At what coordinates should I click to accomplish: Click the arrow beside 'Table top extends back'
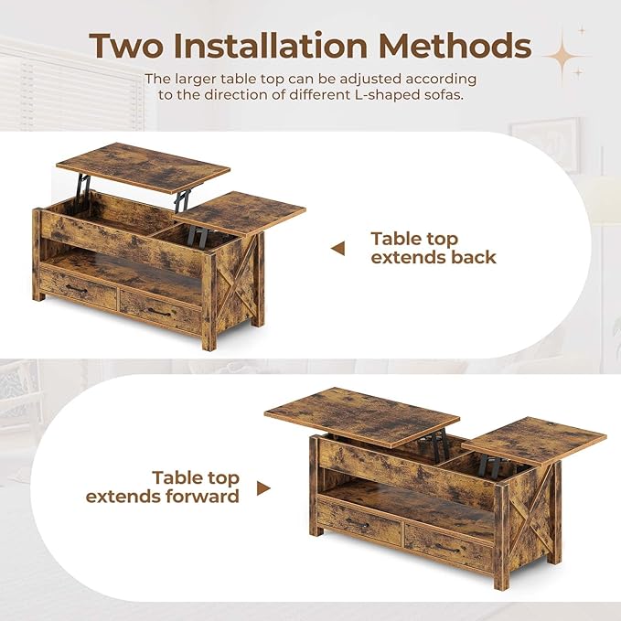pyautogui.click(x=337, y=248)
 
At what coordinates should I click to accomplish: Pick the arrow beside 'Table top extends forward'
pyautogui.click(x=263, y=488)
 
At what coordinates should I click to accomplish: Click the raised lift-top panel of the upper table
pyautogui.click(x=143, y=166)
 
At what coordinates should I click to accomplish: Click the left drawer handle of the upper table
pyautogui.click(x=76, y=289)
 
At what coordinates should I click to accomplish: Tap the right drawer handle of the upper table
pyautogui.click(x=159, y=312)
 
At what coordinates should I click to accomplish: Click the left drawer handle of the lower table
pyautogui.click(x=358, y=523)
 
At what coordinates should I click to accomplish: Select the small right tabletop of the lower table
pyautogui.click(x=534, y=440)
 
